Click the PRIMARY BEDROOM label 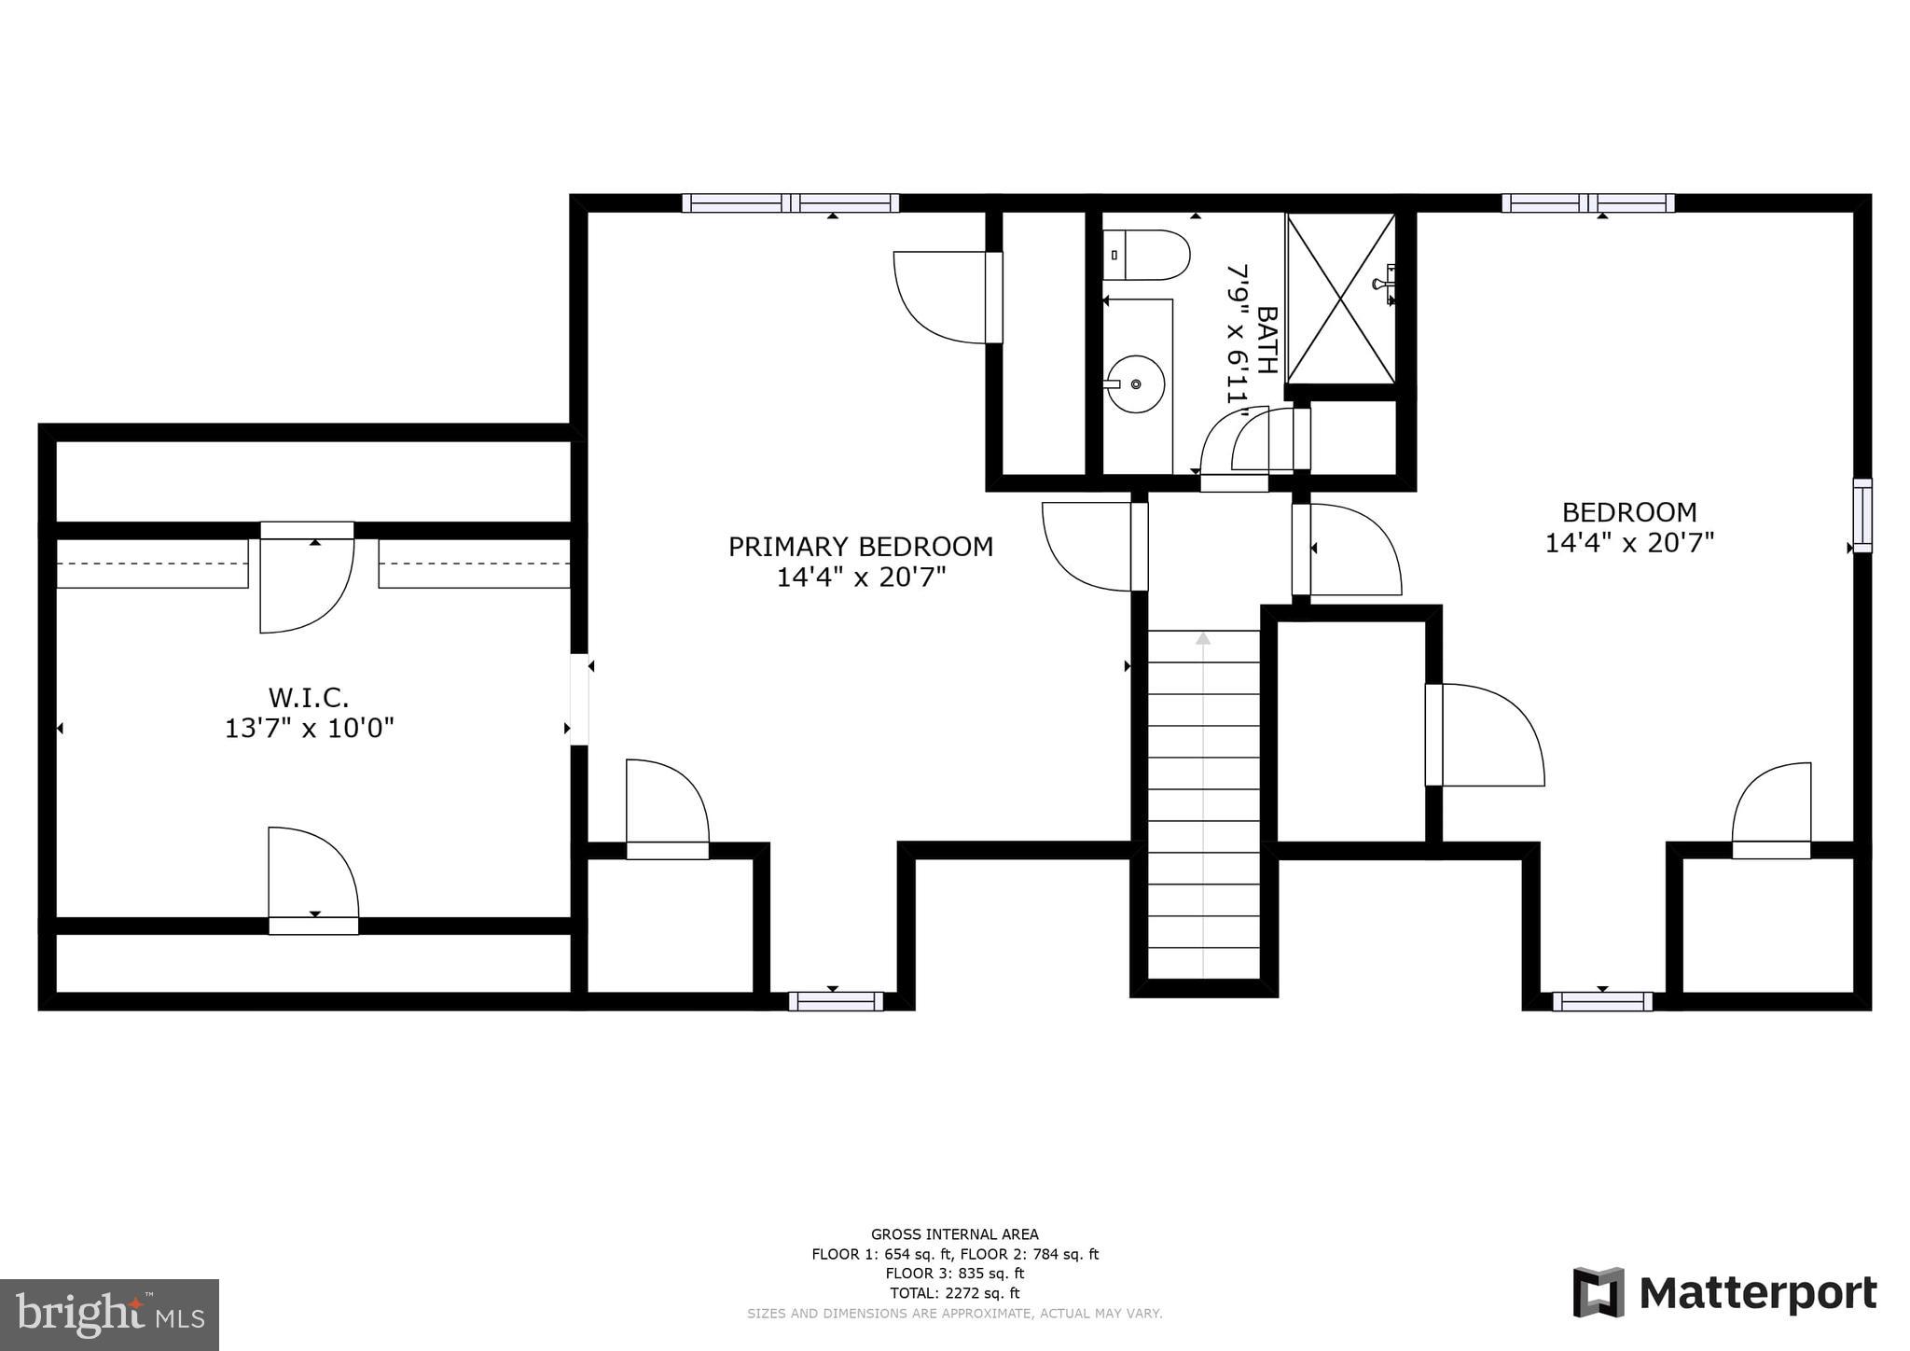860,547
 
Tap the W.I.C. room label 309,697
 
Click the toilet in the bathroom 1146,255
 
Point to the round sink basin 1135,383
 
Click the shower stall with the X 1340,299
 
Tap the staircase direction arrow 1203,639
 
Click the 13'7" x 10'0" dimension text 309,729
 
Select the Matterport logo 1724,1293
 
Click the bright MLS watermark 109,1315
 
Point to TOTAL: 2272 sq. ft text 954,1293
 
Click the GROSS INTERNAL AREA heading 954,1234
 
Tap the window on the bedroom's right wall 1862,515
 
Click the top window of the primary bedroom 790,203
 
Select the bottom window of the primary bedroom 836,1001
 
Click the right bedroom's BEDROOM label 1629,512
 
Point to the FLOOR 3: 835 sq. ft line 954,1274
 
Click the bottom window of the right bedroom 1602,1001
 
